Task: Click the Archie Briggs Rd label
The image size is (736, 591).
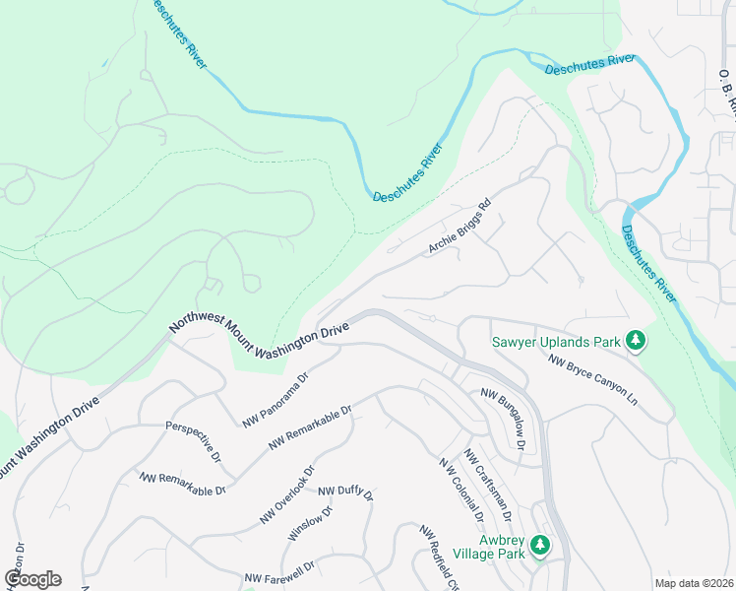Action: pos(459,230)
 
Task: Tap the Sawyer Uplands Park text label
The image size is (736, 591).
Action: pos(556,343)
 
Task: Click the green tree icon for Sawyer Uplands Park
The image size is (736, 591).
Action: pos(636,341)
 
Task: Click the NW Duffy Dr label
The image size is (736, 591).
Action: pos(345,492)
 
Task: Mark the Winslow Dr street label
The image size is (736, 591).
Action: pos(311,523)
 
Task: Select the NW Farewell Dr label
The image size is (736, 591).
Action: pos(279,572)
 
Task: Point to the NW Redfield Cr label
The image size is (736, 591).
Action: pos(439,557)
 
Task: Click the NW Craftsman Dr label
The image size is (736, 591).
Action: pos(488,486)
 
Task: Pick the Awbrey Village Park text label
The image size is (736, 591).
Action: pos(505,547)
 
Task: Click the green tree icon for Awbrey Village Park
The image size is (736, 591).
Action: pos(539,545)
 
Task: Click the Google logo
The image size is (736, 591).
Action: pos(32,579)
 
